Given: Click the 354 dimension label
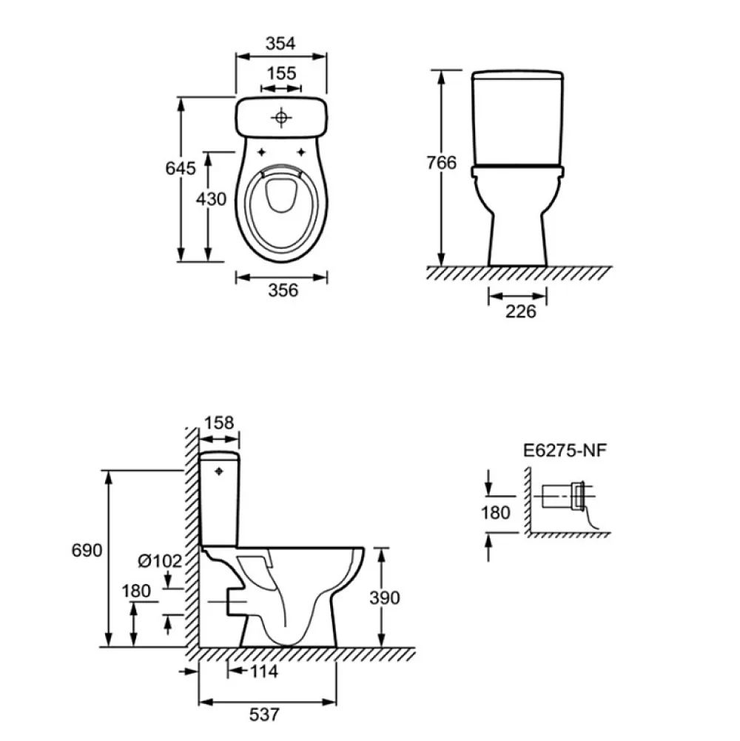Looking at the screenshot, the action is [x=280, y=44].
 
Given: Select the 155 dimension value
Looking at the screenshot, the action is [x=282, y=73].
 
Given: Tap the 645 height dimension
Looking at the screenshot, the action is [x=181, y=168].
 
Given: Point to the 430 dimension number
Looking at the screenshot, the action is [x=211, y=199].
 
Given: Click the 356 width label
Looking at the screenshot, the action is [x=283, y=290].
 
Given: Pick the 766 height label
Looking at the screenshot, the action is [x=442, y=163].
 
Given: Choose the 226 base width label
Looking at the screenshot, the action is [x=521, y=312].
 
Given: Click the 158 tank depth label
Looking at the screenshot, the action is [x=219, y=423].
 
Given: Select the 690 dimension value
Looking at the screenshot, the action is [x=87, y=550].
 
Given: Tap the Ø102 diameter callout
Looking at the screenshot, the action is [x=160, y=561].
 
